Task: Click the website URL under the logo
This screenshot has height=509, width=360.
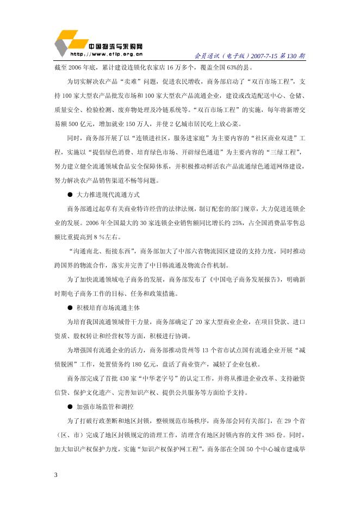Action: (x=107, y=54)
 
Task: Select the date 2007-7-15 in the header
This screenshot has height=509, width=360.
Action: (x=265, y=56)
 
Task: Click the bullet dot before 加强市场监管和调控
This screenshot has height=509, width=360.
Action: (x=70, y=407)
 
